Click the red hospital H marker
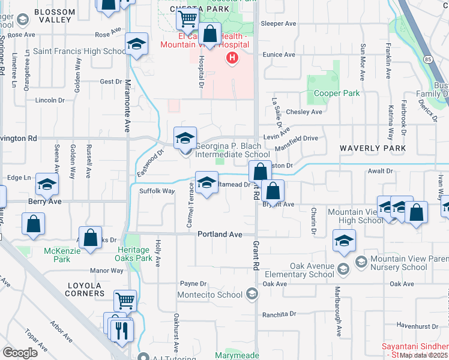pos(231,58)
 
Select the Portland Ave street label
pos(220,234)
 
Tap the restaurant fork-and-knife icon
pos(122,329)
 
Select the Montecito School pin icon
pos(252,294)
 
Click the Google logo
pos(19,352)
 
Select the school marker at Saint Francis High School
pos(136,43)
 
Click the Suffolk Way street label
pos(157,191)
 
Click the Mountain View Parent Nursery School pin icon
pos(361,262)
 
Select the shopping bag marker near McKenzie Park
pos(90,238)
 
